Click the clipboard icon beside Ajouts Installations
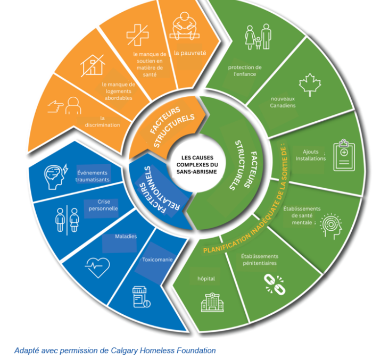pyautogui.click(x=344, y=156)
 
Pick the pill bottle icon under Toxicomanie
pyautogui.click(x=140, y=297)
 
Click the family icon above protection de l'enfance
pyautogui.click(x=258, y=37)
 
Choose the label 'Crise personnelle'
pyautogui.click(x=104, y=205)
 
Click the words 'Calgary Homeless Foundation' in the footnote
pyautogui.click(x=168, y=350)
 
